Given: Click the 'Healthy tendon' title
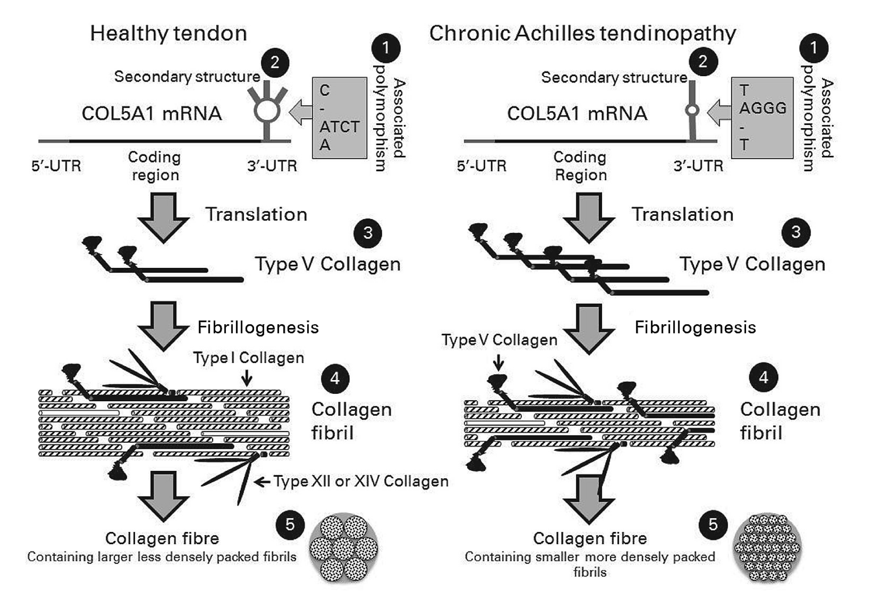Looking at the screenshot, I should click(168, 34).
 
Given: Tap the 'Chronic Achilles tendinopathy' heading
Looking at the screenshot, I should click(582, 34).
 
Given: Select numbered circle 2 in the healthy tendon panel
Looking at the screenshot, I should click(275, 62).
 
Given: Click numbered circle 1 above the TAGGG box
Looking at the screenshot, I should click(813, 48).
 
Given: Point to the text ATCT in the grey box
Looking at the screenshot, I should click(339, 126).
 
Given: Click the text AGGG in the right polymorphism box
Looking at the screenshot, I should click(763, 108).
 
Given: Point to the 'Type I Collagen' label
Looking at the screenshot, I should click(249, 358).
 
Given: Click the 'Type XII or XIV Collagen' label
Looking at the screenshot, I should click(361, 482).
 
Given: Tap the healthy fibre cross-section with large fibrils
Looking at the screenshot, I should click(344, 547).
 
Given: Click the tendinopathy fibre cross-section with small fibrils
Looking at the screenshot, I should click(767, 547).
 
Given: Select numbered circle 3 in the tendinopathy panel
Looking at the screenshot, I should click(795, 232).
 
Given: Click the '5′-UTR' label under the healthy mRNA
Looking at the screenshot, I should click(56, 166).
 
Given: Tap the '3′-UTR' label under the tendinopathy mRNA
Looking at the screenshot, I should click(698, 166).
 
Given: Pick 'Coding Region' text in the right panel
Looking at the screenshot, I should click(581, 166).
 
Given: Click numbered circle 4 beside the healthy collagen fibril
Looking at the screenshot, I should click(335, 379).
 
